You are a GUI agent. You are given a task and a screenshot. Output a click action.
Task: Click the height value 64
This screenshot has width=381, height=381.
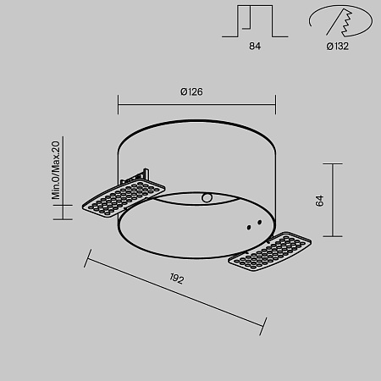pos(319,201)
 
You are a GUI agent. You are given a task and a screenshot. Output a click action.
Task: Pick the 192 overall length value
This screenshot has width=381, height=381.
pos(176,279)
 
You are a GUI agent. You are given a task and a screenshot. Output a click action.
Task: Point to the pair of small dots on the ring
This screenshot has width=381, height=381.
pos(250,226)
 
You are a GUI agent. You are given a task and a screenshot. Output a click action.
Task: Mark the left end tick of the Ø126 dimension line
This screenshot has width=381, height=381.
pos(118,105)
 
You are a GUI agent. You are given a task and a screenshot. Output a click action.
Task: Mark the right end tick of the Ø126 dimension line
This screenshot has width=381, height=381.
pos(276,105)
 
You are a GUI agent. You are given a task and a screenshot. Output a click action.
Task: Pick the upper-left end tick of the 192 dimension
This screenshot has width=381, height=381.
pos(86,253)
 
